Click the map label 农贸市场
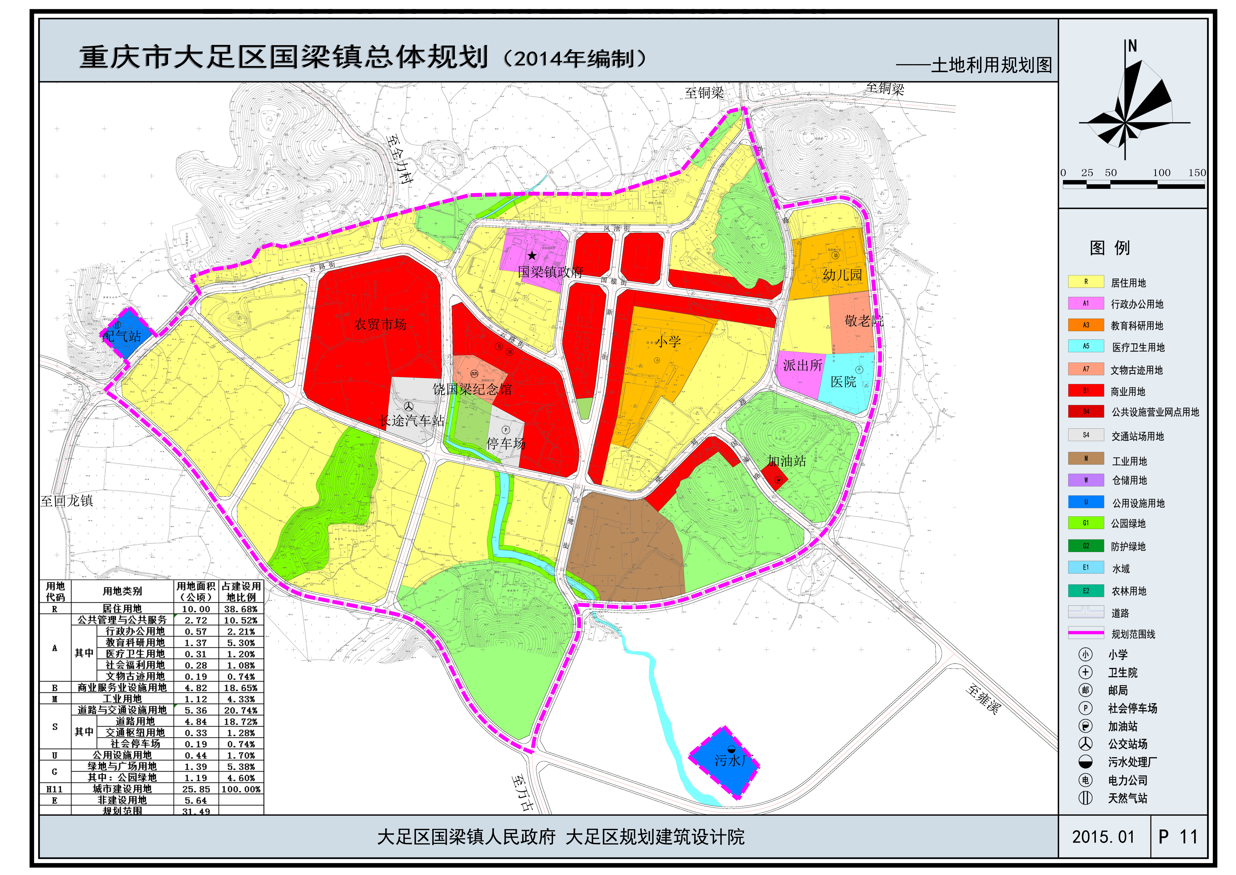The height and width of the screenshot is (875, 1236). pos(380,324)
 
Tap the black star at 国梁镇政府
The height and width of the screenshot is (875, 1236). pos(532,255)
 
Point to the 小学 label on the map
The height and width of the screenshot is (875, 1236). pos(668,342)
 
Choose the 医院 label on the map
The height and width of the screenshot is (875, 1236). pos(843,382)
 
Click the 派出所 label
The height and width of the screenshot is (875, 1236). pos(802,365)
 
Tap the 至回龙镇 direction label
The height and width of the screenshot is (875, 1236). pos(67,501)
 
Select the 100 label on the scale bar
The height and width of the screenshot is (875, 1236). pos(1161,173)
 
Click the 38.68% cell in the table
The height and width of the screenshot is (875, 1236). pos(241,609)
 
